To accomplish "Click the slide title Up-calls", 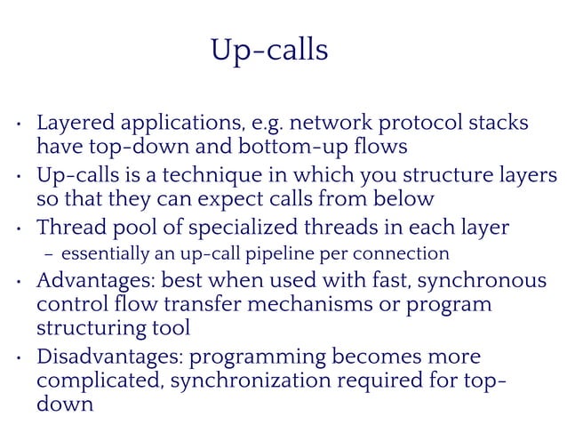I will point(269,51).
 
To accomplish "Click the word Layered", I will point(76,123).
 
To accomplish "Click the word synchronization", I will point(254,382).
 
